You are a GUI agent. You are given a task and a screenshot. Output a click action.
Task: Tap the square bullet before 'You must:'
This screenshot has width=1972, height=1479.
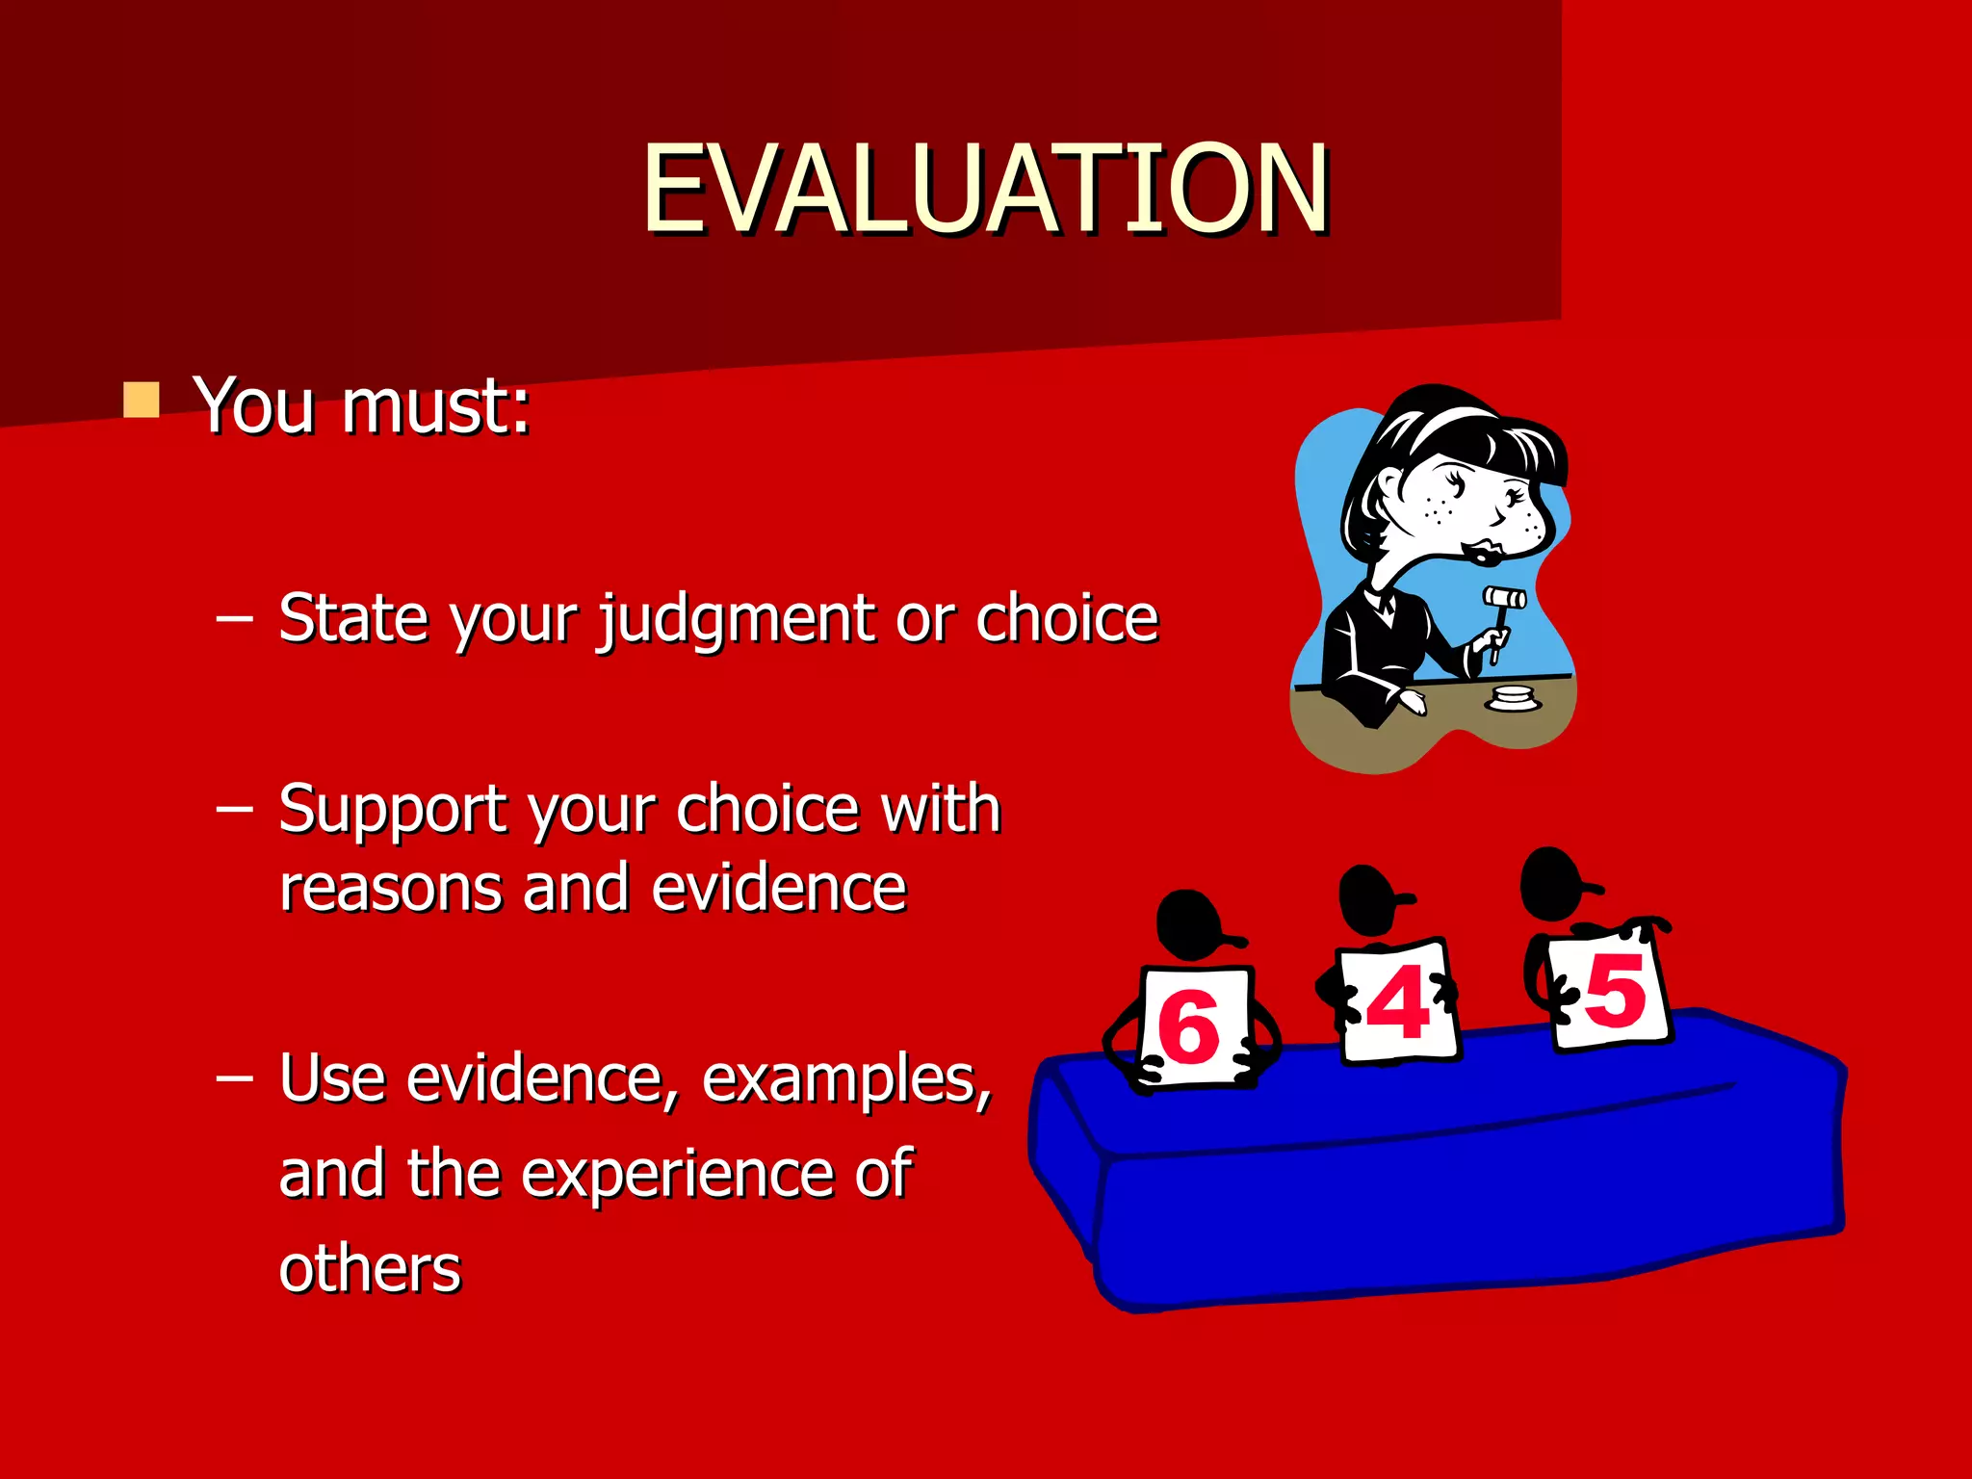coord(142,400)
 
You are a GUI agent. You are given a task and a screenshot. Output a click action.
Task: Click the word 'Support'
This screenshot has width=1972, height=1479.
coord(390,809)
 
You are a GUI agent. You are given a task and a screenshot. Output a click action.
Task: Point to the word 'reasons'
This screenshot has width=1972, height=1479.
coord(390,889)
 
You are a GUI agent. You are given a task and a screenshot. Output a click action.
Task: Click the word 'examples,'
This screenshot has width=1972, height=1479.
coord(846,1078)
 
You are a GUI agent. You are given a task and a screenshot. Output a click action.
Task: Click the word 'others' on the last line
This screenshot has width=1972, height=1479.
coord(370,1269)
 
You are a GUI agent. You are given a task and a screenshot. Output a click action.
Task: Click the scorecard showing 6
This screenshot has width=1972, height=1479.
coord(1194,1025)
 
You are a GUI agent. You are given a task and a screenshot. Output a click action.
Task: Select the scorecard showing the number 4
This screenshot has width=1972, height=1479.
coord(1398,1001)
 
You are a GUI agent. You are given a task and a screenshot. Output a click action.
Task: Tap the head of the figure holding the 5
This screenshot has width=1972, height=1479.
coord(1552,882)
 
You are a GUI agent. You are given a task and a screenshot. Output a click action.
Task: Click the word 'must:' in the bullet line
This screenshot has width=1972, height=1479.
coord(436,405)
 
